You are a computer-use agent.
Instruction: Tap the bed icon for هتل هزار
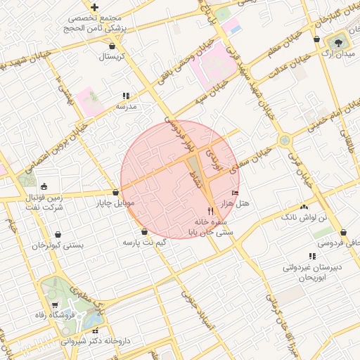click(x=235, y=193)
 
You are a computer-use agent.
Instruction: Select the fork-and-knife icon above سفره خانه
click(x=210, y=211)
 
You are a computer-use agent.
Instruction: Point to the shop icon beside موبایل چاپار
click(x=115, y=193)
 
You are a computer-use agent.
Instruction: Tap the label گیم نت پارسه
click(x=145, y=241)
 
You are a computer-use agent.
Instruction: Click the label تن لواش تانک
click(x=304, y=218)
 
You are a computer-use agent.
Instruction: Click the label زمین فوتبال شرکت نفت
click(x=45, y=202)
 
